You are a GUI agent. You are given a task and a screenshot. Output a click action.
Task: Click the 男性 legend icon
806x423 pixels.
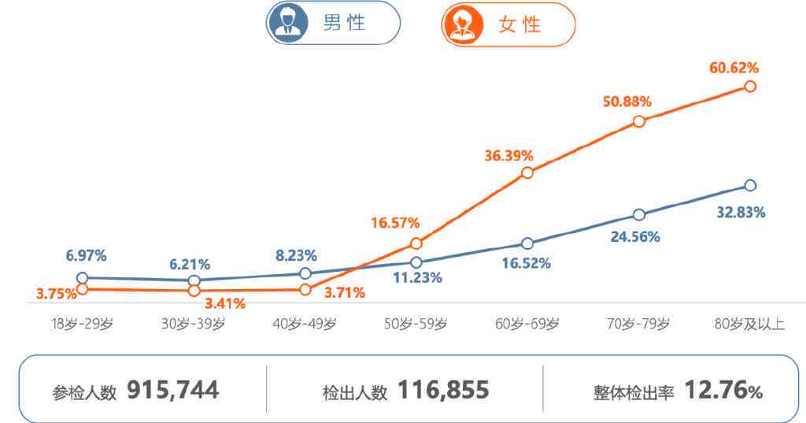(286, 24)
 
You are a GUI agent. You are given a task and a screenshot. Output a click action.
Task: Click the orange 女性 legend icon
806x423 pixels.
(460, 24)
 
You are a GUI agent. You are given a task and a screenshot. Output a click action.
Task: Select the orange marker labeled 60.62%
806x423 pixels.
(750, 86)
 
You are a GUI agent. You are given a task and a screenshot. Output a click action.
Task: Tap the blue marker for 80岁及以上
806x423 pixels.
(750, 185)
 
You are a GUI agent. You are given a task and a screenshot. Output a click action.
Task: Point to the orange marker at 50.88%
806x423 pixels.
(639, 121)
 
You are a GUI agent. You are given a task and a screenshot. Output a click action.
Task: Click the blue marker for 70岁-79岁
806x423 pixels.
(639, 214)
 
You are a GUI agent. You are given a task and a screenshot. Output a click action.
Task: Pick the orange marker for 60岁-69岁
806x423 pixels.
(527, 173)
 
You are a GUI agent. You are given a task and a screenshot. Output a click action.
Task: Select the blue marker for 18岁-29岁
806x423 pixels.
(82, 278)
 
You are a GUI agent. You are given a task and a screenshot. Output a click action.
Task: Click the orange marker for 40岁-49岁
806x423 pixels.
(305, 290)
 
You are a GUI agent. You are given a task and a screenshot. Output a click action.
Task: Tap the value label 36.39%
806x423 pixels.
(508, 155)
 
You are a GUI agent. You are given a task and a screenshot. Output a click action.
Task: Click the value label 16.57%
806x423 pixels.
(396, 224)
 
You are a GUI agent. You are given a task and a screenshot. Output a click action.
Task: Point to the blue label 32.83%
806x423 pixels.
(741, 213)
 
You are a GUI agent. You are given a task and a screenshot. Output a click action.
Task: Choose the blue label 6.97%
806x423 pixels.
(87, 256)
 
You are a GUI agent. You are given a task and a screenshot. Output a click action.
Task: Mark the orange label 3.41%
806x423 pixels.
(224, 303)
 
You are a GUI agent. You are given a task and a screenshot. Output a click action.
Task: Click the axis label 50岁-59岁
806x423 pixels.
(416, 324)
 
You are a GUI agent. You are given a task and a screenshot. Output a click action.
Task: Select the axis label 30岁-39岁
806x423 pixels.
(193, 324)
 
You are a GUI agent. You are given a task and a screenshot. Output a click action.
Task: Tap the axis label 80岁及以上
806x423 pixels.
(749, 324)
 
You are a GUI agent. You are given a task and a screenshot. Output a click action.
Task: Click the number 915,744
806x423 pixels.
(172, 389)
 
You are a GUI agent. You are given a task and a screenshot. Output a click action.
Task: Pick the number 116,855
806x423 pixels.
(443, 389)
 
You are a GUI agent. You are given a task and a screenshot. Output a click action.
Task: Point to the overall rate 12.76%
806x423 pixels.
(723, 389)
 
